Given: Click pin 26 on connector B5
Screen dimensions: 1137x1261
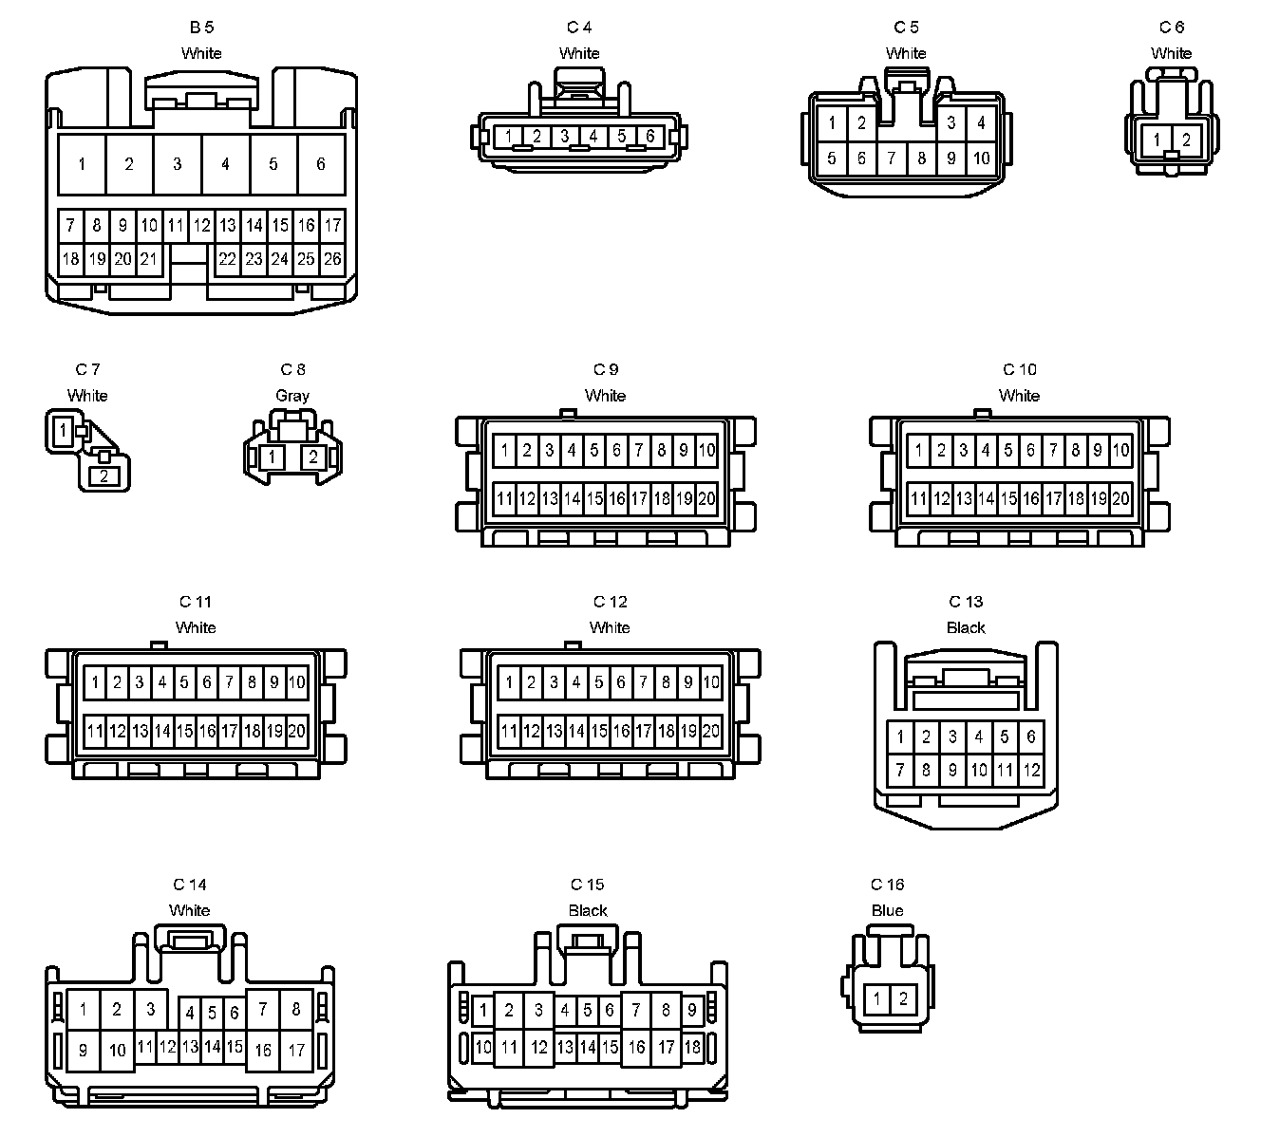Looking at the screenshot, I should pos(332,258).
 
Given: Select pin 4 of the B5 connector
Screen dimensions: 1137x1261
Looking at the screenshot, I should pos(225,164).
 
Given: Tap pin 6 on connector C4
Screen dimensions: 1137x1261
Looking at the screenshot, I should pos(650,136).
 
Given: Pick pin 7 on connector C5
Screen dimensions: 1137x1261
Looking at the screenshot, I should pos(891,158).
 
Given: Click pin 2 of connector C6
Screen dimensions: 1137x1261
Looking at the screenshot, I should pos(1186,140).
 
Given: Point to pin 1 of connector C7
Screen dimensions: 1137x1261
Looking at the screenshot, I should pos(63,431).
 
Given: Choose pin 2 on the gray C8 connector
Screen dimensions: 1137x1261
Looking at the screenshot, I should pos(312,457).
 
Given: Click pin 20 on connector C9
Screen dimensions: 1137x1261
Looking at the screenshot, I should pos(706,498).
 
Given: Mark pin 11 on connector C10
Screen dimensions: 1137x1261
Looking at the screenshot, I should pos(918,498).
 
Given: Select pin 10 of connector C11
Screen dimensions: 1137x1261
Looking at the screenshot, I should pos(296,681).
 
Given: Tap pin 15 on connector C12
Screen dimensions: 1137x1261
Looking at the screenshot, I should pos(599,731).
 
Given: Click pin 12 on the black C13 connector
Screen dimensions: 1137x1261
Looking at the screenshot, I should pos(1031,771).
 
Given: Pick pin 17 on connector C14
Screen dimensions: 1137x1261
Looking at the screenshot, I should pos(296,1050).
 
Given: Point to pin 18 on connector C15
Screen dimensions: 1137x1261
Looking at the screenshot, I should pos(692,1047).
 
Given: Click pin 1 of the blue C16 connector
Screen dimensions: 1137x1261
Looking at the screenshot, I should pos(877,998).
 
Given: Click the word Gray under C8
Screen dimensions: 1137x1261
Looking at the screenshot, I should pos(292,395).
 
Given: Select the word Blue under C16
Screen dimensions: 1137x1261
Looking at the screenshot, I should pos(887,910).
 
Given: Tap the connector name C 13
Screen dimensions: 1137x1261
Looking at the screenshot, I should pos(966,602).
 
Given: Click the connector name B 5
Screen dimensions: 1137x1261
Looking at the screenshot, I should pos(201,28).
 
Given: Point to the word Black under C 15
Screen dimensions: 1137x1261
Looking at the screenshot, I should pos(588,910).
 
